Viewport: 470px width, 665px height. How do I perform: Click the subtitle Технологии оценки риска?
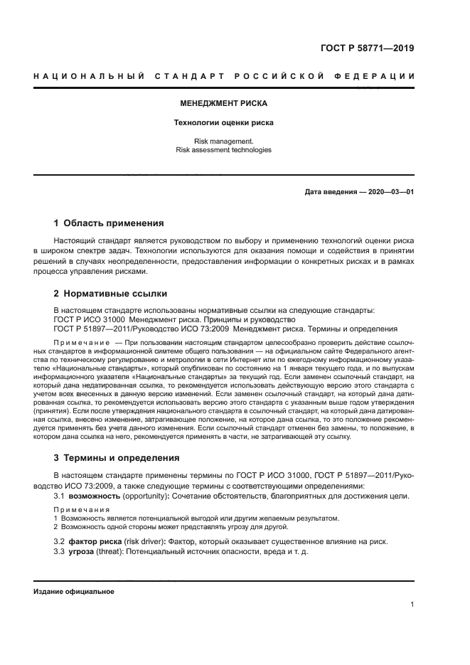(224, 122)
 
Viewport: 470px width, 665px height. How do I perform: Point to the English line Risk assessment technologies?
(224, 150)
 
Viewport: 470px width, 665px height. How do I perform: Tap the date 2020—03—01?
(388, 192)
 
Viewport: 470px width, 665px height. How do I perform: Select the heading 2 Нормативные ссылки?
(110, 292)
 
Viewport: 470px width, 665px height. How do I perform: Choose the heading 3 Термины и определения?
(117, 458)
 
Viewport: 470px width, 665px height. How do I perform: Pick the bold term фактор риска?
(98, 541)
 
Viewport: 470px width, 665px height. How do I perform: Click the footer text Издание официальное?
(73, 591)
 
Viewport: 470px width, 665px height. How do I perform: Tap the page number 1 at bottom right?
(412, 605)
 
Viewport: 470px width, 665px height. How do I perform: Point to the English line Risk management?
(224, 141)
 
